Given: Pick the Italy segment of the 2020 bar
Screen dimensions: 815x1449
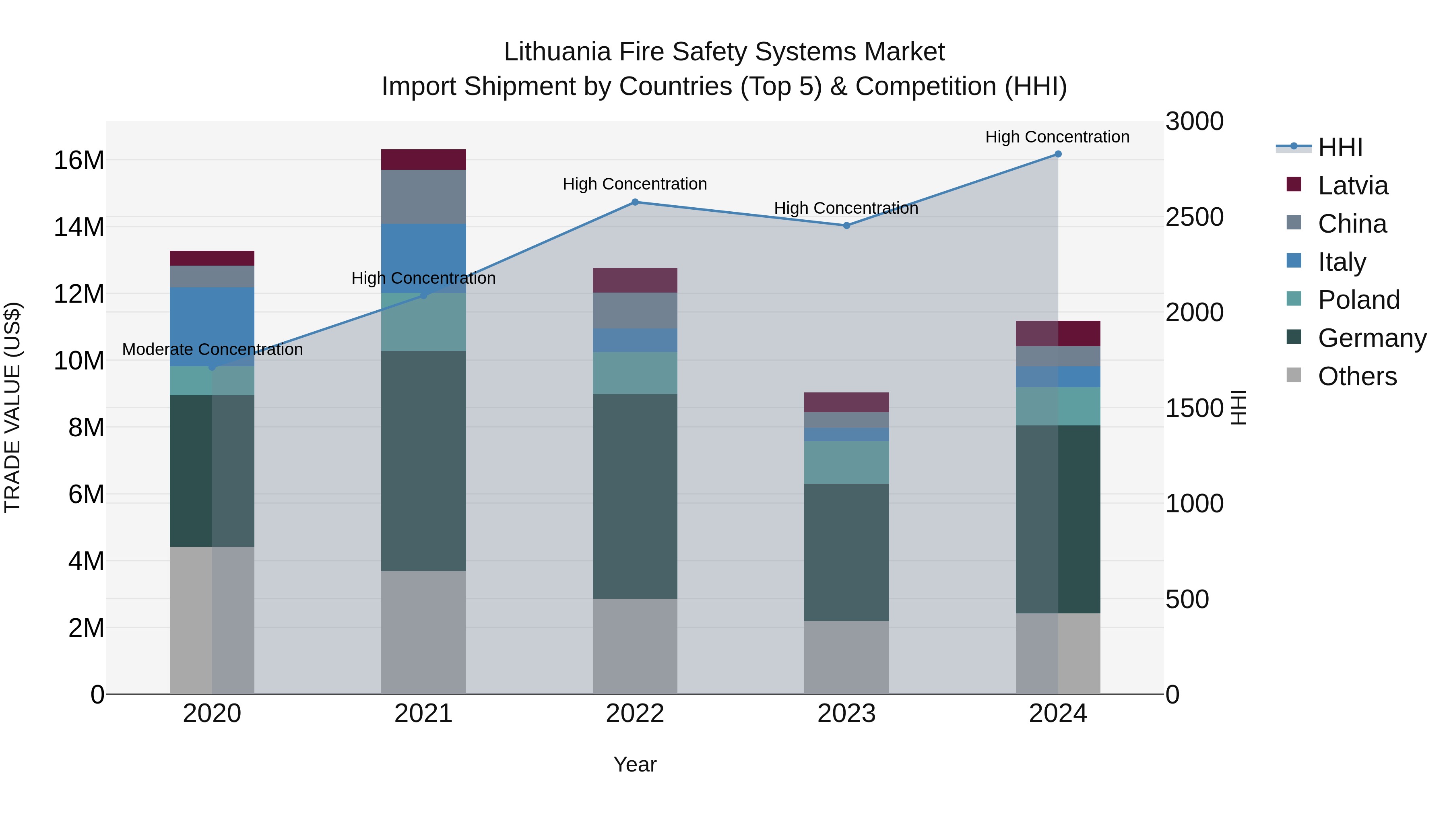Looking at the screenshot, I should (x=212, y=326).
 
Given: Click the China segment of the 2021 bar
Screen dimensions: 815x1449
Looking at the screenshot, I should (x=423, y=196).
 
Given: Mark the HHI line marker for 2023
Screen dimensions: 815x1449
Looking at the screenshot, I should (x=846, y=225).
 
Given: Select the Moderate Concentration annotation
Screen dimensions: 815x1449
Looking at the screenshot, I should (x=212, y=349).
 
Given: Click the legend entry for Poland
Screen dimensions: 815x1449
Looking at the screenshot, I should (x=1358, y=300).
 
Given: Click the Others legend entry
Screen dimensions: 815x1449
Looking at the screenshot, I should (x=1357, y=376).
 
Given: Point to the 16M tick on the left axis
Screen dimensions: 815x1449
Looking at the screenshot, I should (x=79, y=160).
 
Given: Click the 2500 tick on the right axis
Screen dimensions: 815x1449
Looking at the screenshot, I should (x=1194, y=217).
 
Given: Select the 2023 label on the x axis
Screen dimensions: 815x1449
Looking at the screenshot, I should (x=846, y=714).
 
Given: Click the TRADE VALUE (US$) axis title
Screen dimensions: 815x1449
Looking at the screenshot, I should (x=12, y=407).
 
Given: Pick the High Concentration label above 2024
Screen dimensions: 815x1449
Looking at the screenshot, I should (x=1057, y=137).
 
